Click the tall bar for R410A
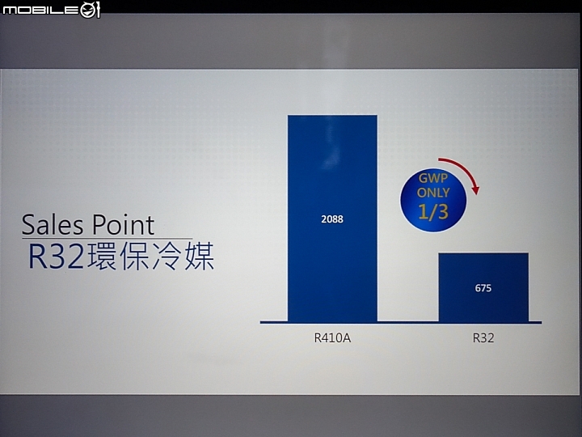[x=332, y=218]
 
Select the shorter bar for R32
[x=483, y=287]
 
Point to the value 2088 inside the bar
[x=332, y=219]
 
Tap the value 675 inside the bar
[x=483, y=288]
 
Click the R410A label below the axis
[x=332, y=338]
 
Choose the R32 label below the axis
[x=483, y=338]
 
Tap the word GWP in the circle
[x=433, y=178]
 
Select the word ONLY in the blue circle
[x=433, y=193]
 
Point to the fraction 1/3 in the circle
[x=433, y=211]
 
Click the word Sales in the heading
[x=53, y=225]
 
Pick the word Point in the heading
[x=123, y=225]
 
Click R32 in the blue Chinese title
[x=57, y=256]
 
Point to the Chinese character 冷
[x=167, y=256]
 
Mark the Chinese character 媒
[x=199, y=256]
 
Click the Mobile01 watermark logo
[x=51, y=9]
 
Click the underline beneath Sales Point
[x=107, y=238]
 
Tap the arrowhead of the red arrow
[x=475, y=189]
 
